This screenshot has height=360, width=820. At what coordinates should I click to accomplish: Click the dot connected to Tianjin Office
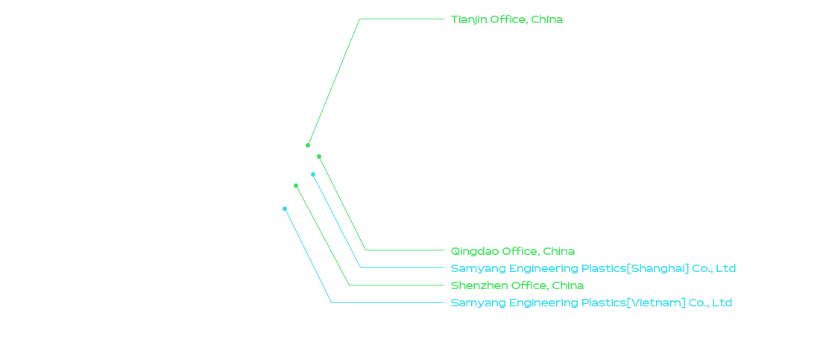tap(307, 145)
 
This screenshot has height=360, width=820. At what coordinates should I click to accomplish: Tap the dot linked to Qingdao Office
tap(319, 157)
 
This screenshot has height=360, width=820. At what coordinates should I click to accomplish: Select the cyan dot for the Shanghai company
tap(313, 174)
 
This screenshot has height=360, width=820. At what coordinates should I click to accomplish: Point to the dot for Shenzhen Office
tap(295, 186)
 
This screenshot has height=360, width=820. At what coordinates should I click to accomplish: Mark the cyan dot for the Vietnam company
tap(285, 208)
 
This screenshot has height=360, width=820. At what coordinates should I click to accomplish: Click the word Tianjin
tap(468, 20)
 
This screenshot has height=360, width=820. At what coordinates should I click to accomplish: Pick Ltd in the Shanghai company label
tap(726, 268)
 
